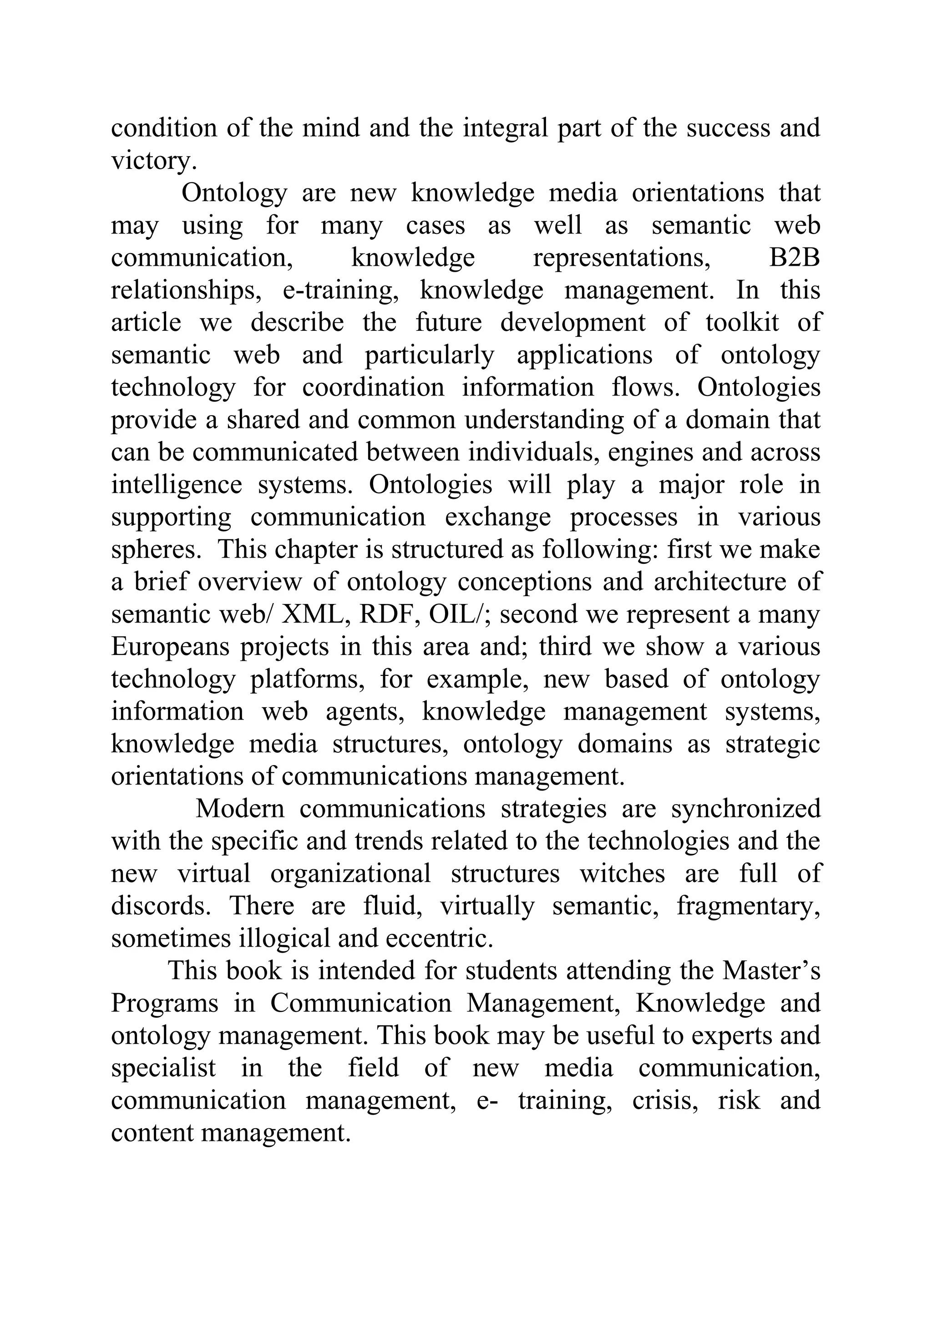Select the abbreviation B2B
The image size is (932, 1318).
pos(794,258)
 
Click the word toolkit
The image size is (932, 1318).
pos(742,323)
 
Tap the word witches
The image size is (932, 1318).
pos(622,874)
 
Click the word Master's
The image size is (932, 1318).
pos(771,971)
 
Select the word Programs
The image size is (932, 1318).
pos(164,1004)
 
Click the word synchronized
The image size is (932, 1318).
pos(745,809)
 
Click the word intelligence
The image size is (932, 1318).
pos(177,485)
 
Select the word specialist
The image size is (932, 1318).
pos(163,1068)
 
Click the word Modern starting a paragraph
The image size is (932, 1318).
pos(240,809)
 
